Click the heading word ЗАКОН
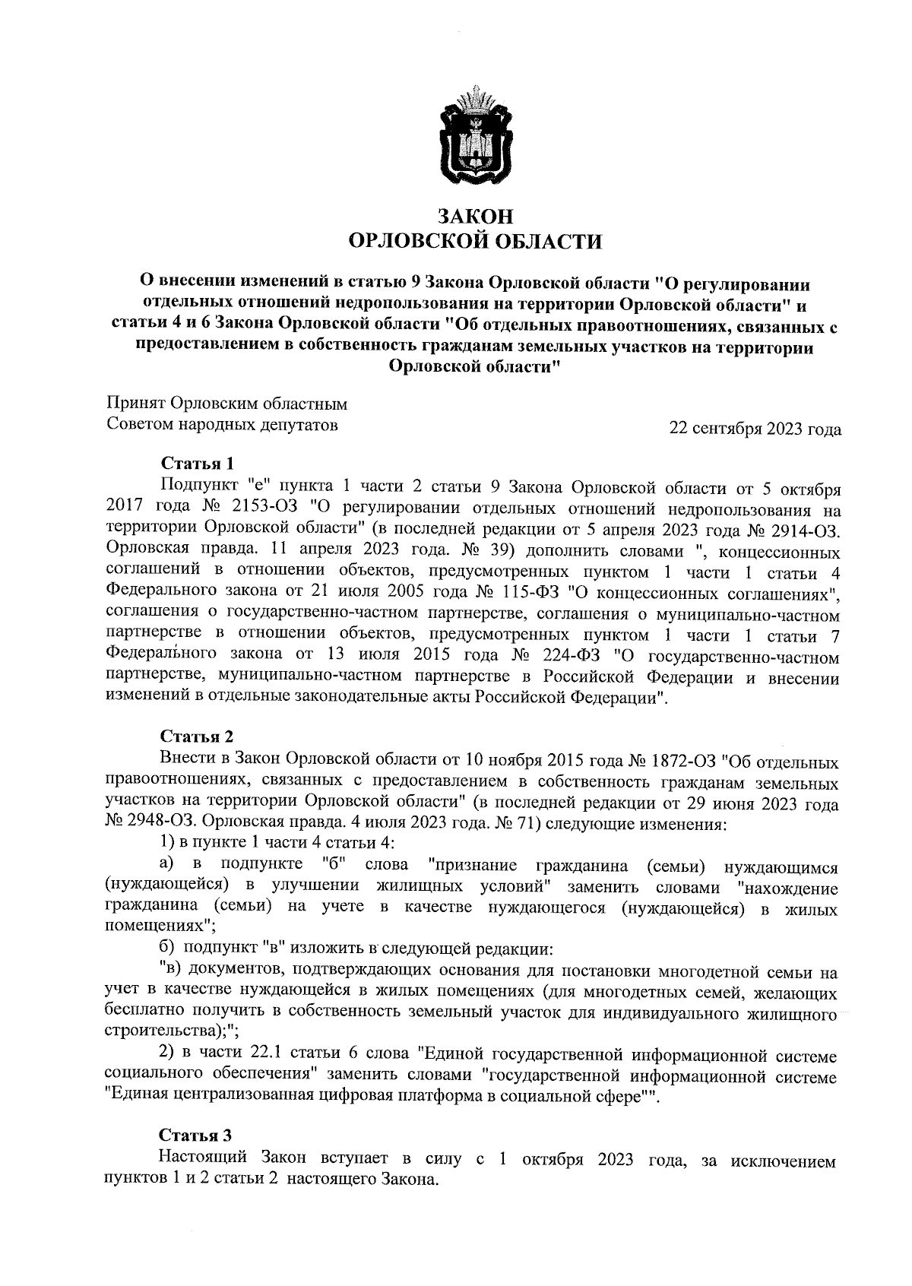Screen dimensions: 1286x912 point(473,216)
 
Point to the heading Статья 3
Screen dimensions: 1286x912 point(195,1136)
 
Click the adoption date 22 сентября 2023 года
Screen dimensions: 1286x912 point(755,429)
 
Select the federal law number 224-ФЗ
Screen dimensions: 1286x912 point(571,654)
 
